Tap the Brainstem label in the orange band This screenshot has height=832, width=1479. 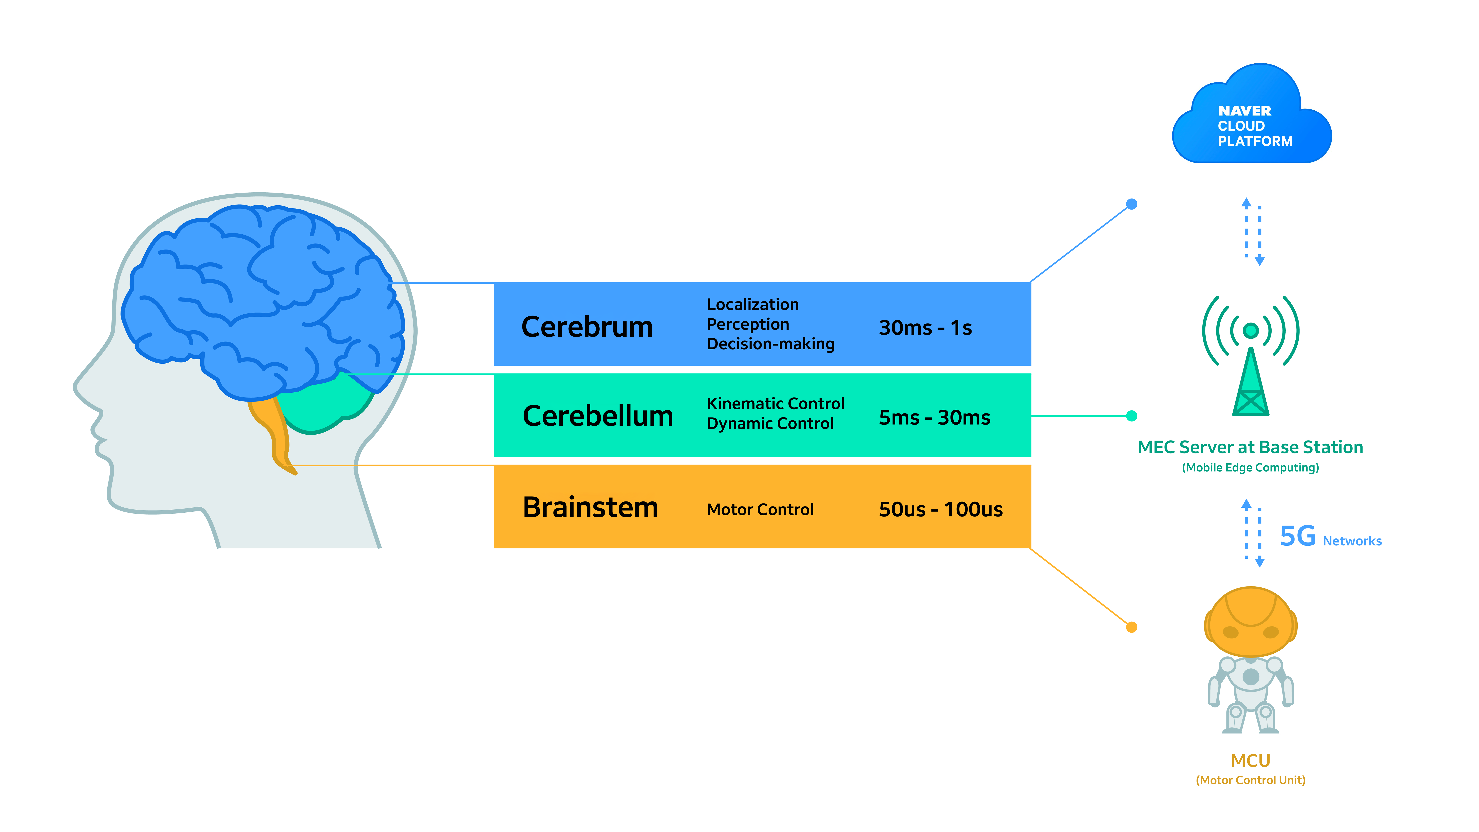tap(590, 508)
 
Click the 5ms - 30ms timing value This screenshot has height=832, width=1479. tap(934, 417)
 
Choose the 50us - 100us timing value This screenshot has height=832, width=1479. tap(940, 509)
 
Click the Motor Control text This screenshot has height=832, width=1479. tap(760, 509)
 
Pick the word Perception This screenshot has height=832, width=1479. tap(747, 324)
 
